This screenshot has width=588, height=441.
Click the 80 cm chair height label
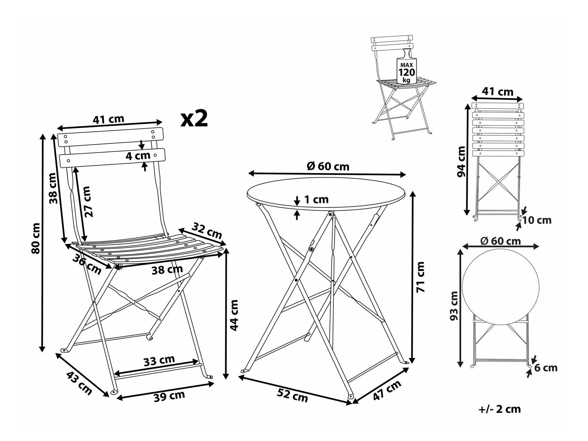(36, 238)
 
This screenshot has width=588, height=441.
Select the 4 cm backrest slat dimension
(138, 156)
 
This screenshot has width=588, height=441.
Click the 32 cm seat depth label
(207, 231)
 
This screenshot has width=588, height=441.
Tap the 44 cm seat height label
(234, 315)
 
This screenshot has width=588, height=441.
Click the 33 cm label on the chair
(159, 360)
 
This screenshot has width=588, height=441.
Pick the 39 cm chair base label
(169, 396)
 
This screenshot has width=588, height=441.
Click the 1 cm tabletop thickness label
(316, 199)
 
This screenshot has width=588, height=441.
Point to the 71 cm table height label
(421, 277)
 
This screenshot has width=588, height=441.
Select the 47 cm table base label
(387, 390)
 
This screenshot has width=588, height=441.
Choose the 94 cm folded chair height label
(461, 162)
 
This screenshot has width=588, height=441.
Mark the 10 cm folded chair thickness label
(537, 220)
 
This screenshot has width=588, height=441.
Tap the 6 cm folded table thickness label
(546, 368)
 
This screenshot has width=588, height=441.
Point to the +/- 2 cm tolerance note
(500, 409)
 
